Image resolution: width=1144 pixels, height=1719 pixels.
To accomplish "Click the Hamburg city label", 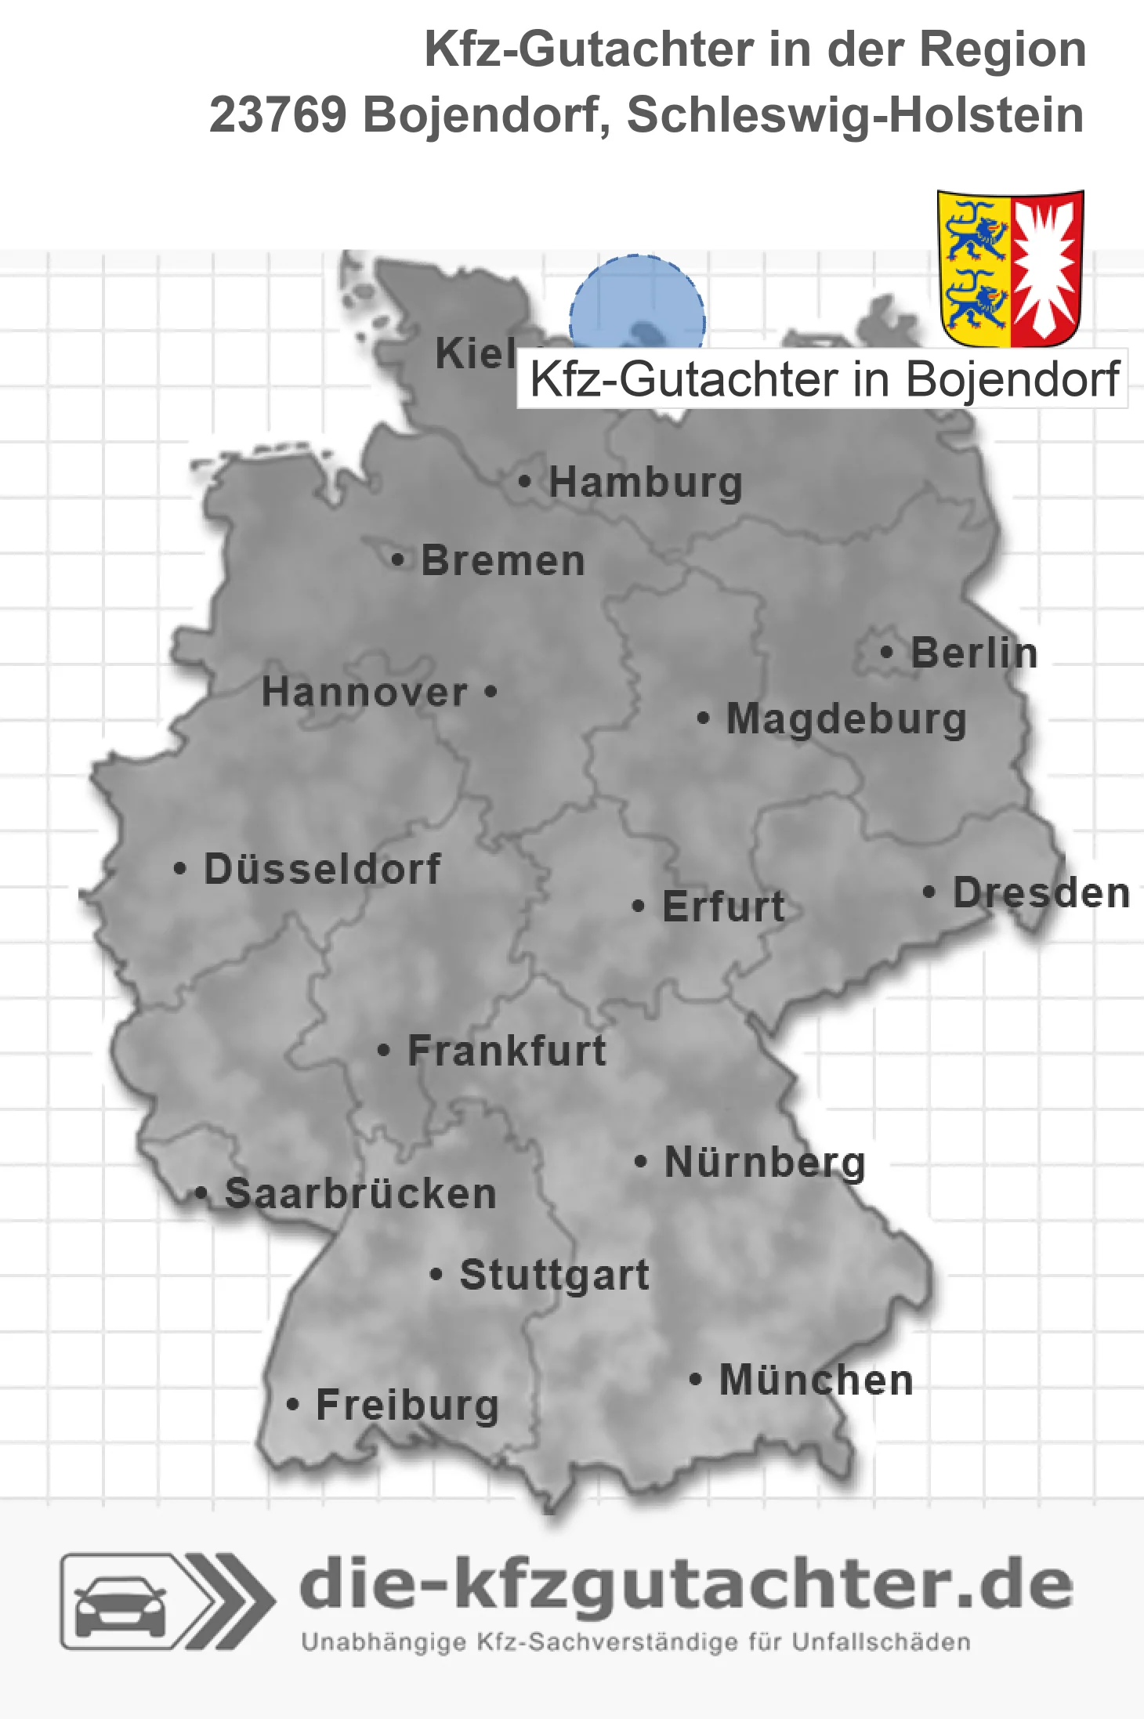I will coord(645,482).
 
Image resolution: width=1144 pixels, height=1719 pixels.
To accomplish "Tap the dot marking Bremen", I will coord(398,560).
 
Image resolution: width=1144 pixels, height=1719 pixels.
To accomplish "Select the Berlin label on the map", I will coord(974,653).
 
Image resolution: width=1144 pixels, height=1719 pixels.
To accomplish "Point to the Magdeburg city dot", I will coord(703,718).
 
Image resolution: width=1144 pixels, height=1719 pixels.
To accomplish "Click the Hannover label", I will coord(364,692).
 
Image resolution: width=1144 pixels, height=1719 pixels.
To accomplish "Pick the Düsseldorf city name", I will coord(322,869).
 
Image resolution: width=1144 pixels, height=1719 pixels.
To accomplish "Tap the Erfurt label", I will coord(723,907).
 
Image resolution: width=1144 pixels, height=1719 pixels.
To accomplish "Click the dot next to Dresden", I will coord(929,892).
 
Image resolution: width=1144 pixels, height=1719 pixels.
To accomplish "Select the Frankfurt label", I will coord(507,1051).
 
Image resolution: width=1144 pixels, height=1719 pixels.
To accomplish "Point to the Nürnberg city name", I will coord(765,1162).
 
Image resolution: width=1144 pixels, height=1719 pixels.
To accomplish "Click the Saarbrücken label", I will coord(360,1194).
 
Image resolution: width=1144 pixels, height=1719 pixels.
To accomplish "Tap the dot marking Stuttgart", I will coord(436,1275).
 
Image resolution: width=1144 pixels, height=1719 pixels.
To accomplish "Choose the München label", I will coord(816,1380).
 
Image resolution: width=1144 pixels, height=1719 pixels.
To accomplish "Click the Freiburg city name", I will coord(407,1405).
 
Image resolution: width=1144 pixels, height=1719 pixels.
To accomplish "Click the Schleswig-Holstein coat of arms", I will coord(1010,268).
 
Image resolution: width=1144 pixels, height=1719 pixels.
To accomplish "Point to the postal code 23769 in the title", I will coord(277,115).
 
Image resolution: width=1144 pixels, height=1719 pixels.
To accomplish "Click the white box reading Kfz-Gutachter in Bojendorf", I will coord(823,379).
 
